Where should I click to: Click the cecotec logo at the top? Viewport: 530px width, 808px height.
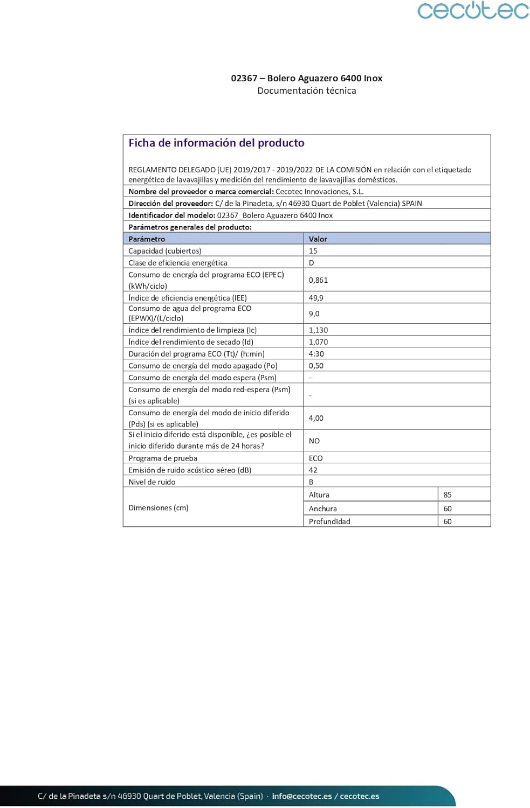coord(473,11)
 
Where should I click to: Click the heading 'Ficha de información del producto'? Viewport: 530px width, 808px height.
coord(216,143)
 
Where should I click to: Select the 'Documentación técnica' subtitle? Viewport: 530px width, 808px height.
coord(306,90)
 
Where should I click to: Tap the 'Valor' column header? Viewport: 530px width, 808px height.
coord(318,239)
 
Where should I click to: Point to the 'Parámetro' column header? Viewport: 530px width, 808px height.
coord(147,239)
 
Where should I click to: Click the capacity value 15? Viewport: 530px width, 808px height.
coord(313,251)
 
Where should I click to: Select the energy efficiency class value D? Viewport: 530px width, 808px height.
coord(311,263)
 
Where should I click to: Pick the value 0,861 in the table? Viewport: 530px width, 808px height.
coord(318,280)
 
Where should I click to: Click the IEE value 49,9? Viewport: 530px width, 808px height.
coord(316,298)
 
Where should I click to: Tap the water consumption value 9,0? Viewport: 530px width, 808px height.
coord(314,314)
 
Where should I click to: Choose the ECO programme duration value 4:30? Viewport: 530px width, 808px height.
coord(316,354)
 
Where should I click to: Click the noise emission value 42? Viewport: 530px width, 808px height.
coord(313,470)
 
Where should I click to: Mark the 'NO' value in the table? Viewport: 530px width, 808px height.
coord(314,441)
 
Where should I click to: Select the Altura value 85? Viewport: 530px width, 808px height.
coord(448,494)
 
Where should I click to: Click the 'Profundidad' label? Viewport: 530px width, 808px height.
coord(329,521)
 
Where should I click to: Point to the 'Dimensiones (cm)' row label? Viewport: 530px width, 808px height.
coord(159,507)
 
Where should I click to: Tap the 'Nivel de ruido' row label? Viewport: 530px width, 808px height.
coord(152,482)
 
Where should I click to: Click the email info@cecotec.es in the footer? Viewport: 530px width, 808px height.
coord(302,796)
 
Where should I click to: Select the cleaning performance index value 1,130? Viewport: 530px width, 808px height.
coord(318,330)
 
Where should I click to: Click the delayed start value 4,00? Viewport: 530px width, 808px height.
coord(316,418)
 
